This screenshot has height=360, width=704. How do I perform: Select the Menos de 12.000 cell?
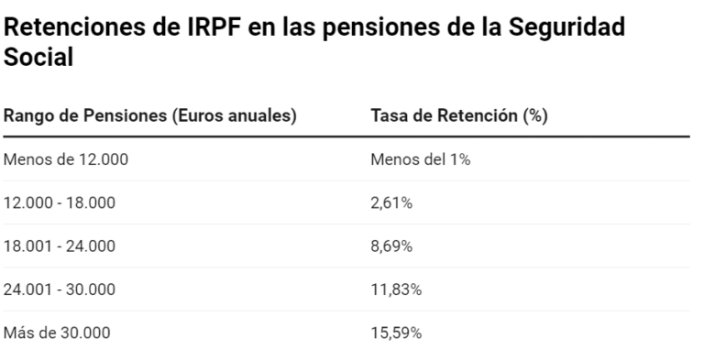tap(66, 159)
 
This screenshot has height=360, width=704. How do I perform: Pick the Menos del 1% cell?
tap(420, 159)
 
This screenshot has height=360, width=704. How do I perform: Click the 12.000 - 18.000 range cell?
tap(60, 202)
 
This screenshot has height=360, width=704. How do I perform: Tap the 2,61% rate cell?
tap(391, 202)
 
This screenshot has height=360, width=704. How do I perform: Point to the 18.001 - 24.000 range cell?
tap(60, 246)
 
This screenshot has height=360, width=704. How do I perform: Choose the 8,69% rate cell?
tap(391, 246)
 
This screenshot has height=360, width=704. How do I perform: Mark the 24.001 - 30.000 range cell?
tap(60, 289)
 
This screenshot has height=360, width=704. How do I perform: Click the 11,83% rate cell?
tap(395, 289)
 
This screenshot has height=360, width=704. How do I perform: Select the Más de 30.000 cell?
tap(57, 333)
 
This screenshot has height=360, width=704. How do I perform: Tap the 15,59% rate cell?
tap(395, 333)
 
